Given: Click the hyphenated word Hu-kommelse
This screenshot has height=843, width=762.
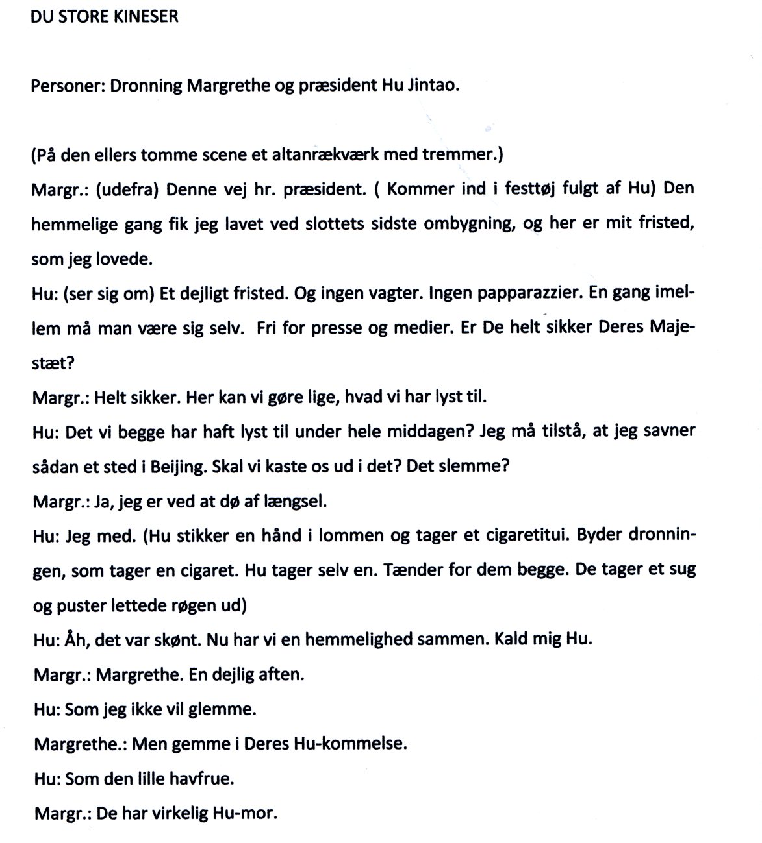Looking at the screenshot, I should pyautogui.click(x=355, y=743).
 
